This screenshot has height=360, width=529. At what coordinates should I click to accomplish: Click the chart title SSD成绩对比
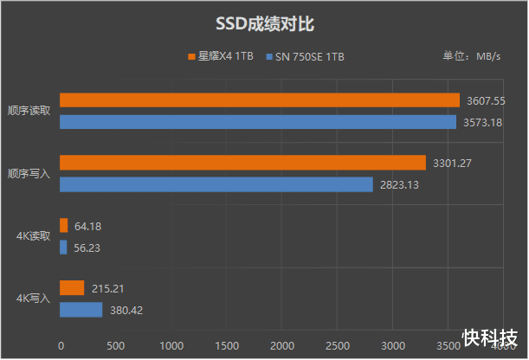[264, 23]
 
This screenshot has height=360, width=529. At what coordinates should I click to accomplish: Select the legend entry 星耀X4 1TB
[221, 57]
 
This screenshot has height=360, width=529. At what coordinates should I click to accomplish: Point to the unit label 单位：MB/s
[472, 57]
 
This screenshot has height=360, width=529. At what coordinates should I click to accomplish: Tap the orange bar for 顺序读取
[259, 100]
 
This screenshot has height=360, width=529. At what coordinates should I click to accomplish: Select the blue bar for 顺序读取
[257, 122]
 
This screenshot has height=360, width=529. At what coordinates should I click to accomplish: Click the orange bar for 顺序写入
[242, 163]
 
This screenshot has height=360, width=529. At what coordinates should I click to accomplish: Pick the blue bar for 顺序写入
[216, 184]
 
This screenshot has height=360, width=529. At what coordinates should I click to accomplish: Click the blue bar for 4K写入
[81, 310]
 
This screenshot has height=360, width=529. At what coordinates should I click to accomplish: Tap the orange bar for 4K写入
[71, 288]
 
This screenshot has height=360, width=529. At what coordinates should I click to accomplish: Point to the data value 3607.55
[487, 100]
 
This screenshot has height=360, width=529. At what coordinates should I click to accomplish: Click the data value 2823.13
[400, 184]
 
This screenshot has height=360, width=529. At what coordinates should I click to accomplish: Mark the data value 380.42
[128, 310]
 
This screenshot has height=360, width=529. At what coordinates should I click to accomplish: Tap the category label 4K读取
[34, 235]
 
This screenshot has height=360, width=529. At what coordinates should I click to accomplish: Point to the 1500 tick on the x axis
[226, 345]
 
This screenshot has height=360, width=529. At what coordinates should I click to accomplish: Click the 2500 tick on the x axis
[337, 345]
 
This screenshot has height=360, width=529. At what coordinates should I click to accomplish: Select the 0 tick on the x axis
[60, 345]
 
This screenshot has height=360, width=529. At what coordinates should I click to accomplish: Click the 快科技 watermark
[490, 337]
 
